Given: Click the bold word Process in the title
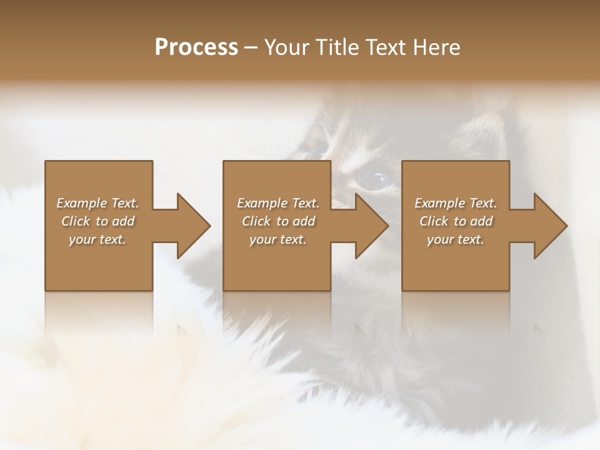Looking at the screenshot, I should coord(196,47).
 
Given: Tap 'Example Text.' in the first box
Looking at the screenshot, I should coord(97,203).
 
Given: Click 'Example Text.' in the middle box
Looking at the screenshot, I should coord(277,203).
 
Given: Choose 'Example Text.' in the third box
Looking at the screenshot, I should coord(456,203).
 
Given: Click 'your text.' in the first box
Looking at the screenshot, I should coord(97,239).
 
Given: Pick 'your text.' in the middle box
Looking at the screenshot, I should coord(277,239).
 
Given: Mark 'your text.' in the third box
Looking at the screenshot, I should coord(456,239).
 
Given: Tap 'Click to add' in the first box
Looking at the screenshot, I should coord(97,221).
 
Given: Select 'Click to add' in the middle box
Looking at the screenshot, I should coord(277,221).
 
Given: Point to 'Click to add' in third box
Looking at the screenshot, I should coord(456,221).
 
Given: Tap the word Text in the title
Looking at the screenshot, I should coord(384,47).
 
